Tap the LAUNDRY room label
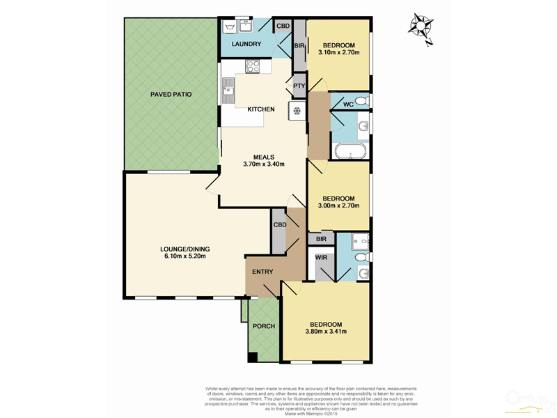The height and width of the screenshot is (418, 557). click(246, 45)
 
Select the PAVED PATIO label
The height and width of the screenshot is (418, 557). click(171, 94)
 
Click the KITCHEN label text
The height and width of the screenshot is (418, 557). click(260, 109)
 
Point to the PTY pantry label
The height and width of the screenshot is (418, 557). click(299, 86)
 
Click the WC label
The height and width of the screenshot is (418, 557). click(348, 104)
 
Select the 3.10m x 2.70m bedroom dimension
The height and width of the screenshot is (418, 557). click(338, 53)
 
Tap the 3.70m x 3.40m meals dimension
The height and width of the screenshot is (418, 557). click(264, 165)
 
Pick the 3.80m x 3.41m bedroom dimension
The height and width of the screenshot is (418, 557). click(325, 332)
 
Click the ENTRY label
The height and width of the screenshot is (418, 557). click(262, 272)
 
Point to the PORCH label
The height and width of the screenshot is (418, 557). click(263, 326)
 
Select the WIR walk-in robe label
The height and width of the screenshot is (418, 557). click(321, 258)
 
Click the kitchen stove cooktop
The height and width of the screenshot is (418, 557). click(252, 67)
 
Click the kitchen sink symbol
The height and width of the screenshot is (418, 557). click(228, 91)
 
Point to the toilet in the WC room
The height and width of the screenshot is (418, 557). click(361, 102)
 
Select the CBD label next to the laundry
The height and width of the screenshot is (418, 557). click(282, 26)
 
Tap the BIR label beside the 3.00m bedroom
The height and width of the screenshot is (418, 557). click(321, 238)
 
